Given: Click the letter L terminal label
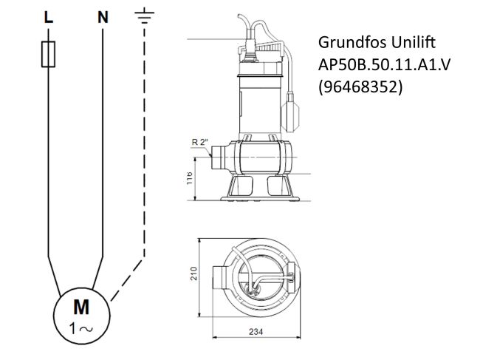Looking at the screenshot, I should tap(48, 18).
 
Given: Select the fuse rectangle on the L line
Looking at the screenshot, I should tap(48, 55).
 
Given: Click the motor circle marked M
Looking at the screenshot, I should tap(80, 316).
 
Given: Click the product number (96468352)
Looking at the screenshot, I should tap(360, 87).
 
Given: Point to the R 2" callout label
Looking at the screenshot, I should tap(199, 141).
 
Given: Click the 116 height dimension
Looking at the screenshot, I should tap(190, 177).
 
